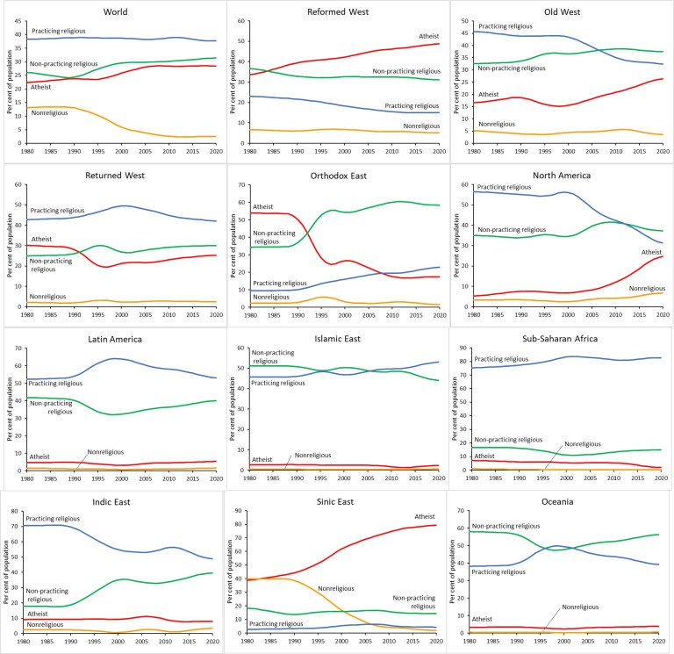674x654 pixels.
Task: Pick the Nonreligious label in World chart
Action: pos(52,112)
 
